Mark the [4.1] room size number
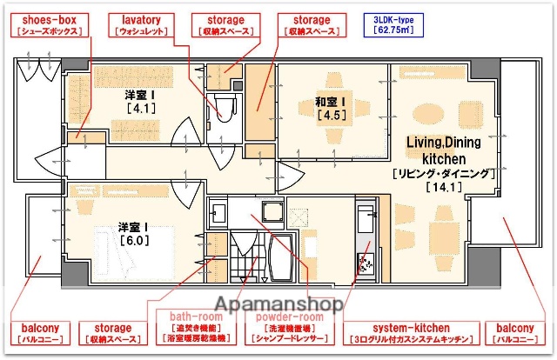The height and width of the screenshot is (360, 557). [140, 110]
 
